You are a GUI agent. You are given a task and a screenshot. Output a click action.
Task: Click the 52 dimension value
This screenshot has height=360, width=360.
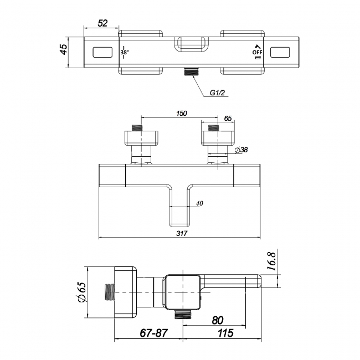point(102,23)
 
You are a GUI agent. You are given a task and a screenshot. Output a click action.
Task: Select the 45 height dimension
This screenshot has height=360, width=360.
point(64,49)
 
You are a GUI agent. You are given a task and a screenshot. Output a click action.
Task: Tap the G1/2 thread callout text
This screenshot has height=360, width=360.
point(218,92)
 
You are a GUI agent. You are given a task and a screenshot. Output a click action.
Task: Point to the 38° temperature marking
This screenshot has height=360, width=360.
point(125,53)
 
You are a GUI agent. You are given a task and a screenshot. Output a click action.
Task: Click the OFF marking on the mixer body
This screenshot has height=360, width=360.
point(258,53)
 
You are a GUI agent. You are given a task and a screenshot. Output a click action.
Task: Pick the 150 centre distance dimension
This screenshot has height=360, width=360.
point(181,114)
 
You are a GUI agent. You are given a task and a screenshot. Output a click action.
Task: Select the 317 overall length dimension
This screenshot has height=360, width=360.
point(182,234)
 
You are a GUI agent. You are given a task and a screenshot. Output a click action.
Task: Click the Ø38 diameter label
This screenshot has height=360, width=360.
point(241,150)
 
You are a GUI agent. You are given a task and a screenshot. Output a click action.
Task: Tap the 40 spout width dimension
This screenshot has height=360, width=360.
point(199,203)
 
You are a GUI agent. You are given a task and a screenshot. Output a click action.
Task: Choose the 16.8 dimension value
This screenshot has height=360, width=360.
point(271,261)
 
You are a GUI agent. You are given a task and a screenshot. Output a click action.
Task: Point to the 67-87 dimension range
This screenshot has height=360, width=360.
point(153,333)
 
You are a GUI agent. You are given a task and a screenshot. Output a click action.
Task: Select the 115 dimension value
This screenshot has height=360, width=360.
point(225,333)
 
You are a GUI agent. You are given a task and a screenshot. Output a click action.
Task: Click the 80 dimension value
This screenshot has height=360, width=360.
point(218,320)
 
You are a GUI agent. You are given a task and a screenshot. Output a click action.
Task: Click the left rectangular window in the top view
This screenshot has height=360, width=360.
point(102,52)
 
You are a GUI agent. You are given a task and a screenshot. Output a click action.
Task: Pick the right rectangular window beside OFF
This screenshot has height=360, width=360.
point(280,52)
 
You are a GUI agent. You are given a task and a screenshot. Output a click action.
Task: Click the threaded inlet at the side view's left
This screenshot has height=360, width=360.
point(110,292)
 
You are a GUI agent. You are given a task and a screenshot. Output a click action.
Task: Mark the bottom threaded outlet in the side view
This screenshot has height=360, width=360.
point(183,314)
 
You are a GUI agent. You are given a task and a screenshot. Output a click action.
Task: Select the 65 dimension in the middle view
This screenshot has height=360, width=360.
point(228,119)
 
